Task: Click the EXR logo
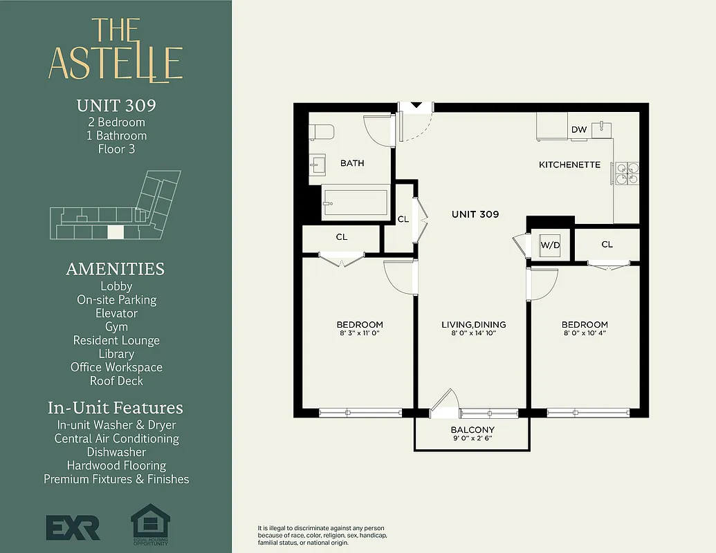point(73,527)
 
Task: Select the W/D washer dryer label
point(550,245)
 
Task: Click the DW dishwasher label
point(578,130)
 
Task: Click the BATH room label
point(352,163)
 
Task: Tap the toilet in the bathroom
point(322,131)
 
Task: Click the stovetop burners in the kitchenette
point(627,172)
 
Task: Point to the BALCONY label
point(472,429)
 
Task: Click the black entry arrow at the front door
point(416,106)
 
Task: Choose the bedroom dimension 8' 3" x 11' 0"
point(360,333)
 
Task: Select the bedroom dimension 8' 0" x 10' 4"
point(585,333)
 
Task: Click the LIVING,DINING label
point(474,324)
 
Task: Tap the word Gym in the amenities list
point(116,327)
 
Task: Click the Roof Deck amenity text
point(116,381)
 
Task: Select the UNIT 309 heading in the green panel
point(116,106)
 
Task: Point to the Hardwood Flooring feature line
point(116,465)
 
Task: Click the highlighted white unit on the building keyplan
point(116,233)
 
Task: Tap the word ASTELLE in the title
point(116,64)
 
